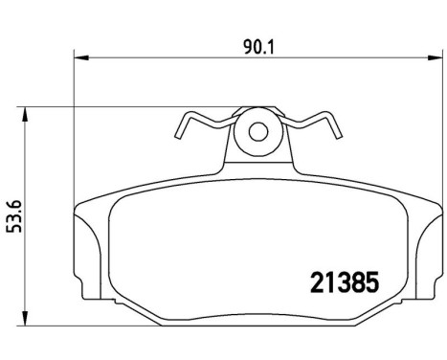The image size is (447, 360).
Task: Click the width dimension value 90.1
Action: (x=254, y=43)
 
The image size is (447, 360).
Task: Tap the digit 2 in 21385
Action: (x=315, y=282)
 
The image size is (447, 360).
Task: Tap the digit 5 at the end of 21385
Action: (x=373, y=282)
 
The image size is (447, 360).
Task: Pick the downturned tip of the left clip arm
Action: (x=179, y=133)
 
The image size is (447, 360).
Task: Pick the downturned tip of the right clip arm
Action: (x=336, y=134)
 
